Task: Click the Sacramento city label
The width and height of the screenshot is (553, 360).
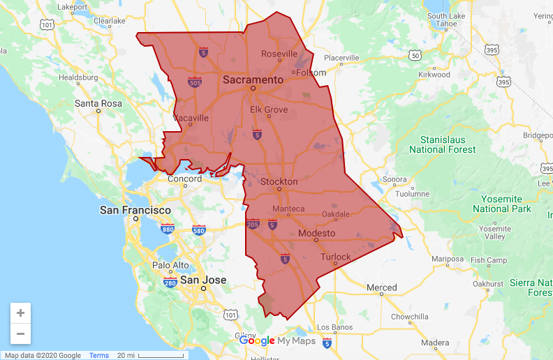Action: [x=253, y=80]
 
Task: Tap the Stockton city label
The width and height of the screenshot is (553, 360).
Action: [x=279, y=181]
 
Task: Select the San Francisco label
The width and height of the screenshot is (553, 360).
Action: [x=135, y=210]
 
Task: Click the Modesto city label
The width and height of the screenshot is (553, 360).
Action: [x=316, y=233]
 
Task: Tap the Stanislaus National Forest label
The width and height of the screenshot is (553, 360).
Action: [x=442, y=144]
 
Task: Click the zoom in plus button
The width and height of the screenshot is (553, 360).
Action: [x=21, y=313]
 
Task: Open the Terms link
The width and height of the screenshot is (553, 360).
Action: [x=99, y=356]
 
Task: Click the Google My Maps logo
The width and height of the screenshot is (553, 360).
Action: [x=277, y=340]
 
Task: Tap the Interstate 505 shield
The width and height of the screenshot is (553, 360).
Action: [x=195, y=82]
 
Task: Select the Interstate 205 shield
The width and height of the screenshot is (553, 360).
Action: [x=253, y=224]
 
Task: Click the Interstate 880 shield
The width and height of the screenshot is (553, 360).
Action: [x=168, y=229]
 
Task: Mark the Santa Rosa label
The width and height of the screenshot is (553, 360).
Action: [x=98, y=103]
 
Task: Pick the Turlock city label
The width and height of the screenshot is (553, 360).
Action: [x=335, y=257]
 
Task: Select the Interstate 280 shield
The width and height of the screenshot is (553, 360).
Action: [x=170, y=283]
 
